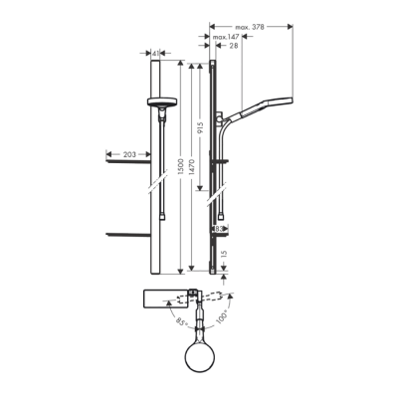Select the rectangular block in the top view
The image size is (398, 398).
pyautogui.click(x=165, y=299)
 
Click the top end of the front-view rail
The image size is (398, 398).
pyautogui.click(x=159, y=62)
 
